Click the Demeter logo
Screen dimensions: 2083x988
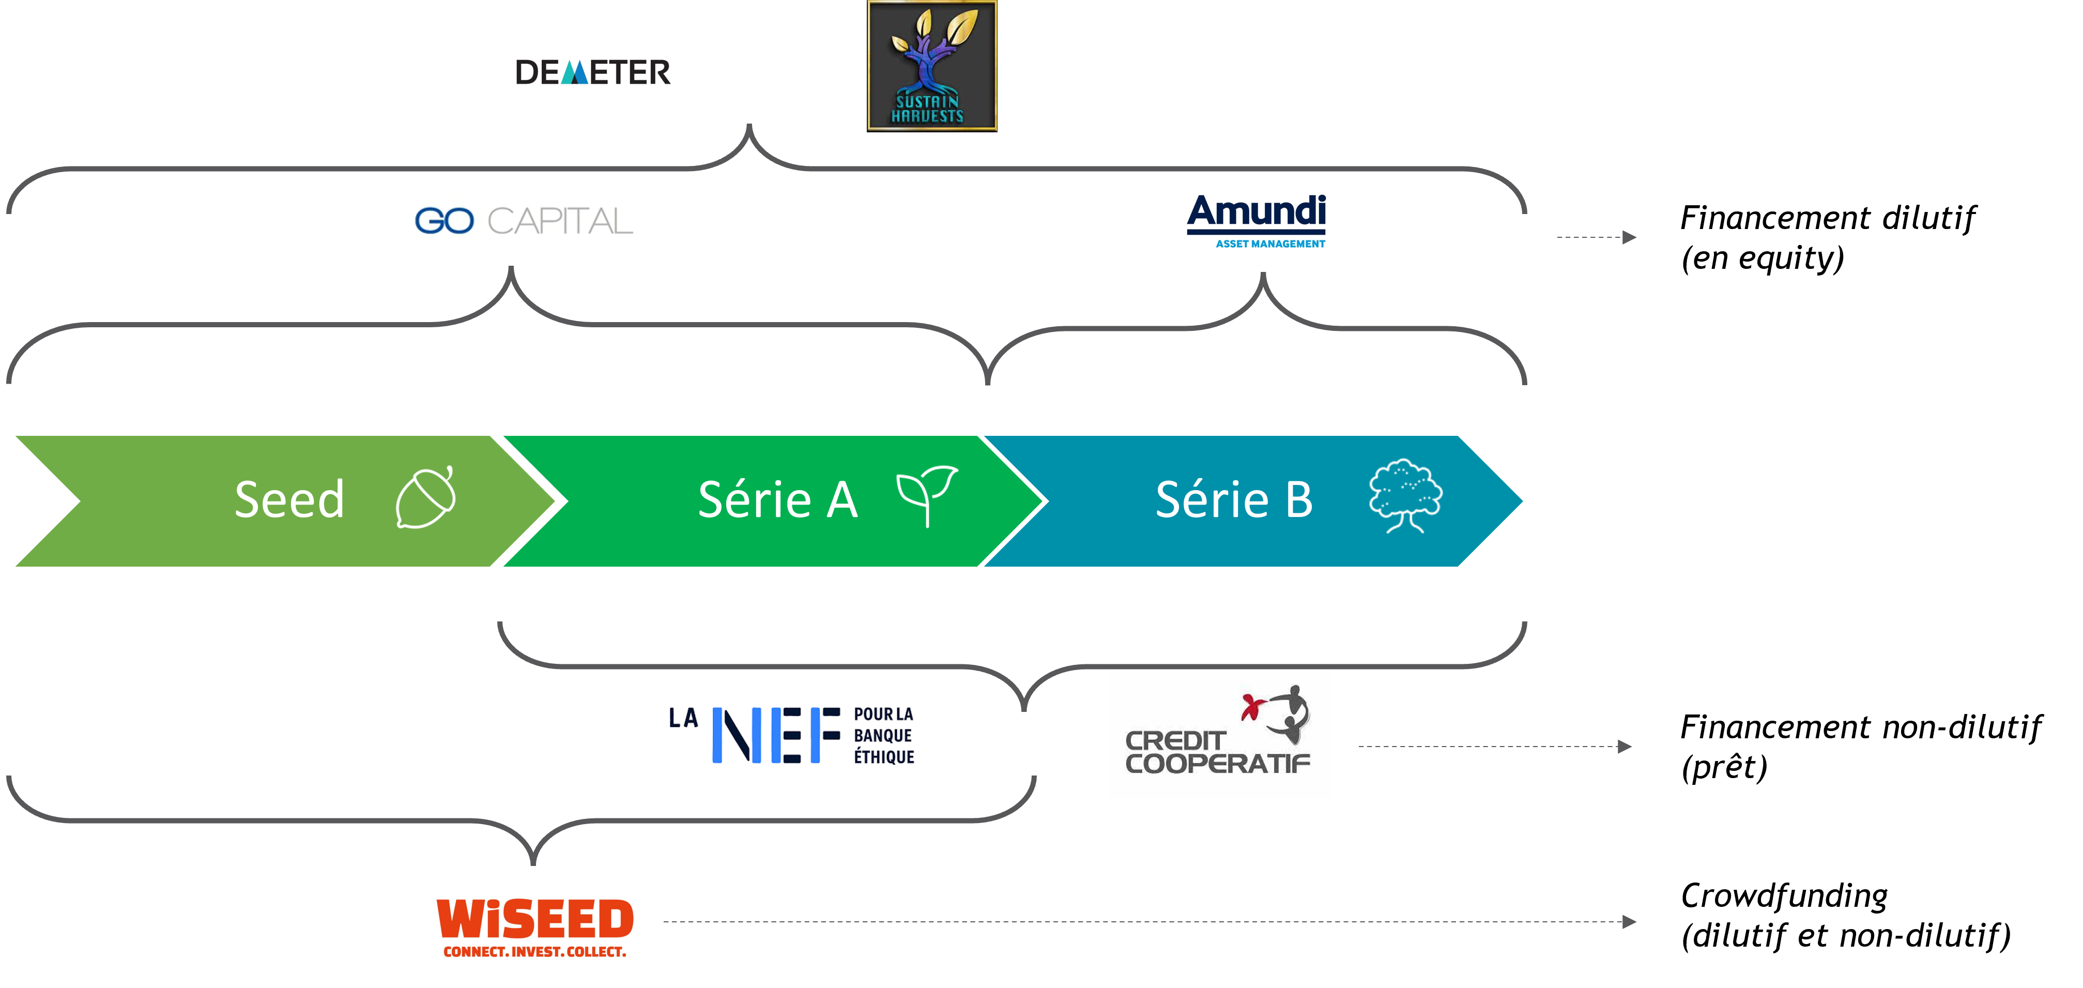pos(593,72)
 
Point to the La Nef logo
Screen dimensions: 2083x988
pos(792,735)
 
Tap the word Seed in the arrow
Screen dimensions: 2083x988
pos(289,499)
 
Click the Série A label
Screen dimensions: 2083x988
pos(778,499)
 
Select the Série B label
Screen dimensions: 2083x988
pos(1234,499)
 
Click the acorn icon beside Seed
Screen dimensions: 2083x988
pos(426,497)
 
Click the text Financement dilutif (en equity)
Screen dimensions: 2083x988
pos(1828,238)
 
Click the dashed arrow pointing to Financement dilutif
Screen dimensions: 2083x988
pos(1596,237)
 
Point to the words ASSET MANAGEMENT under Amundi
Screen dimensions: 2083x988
pos(1270,244)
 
